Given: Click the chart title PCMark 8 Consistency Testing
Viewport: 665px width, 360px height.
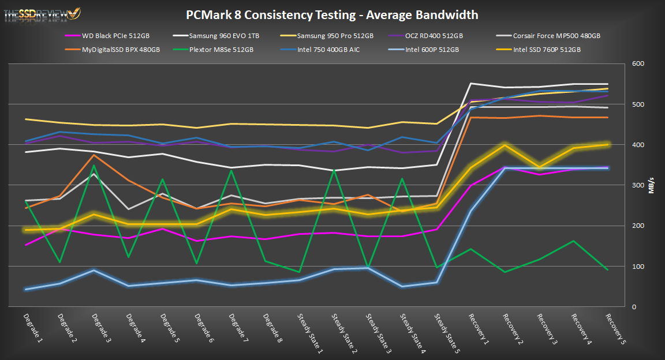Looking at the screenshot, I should (332, 14).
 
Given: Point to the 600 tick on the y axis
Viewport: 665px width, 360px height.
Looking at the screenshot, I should (636, 64).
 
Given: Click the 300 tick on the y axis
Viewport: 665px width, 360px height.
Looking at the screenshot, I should (636, 185).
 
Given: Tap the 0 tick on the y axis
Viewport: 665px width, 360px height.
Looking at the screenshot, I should (633, 307).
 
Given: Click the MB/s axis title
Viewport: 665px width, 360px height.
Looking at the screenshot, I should (652, 185).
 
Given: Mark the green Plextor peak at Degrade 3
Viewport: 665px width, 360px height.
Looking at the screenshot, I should (94, 166).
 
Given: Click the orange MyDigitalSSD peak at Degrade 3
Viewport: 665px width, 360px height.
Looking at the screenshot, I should (94, 155).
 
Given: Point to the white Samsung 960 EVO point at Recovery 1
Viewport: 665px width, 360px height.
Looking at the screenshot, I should (470, 84).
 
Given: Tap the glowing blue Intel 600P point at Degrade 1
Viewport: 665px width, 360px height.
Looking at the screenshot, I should (26, 289).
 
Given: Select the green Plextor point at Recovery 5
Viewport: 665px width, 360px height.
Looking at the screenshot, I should (607, 270).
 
